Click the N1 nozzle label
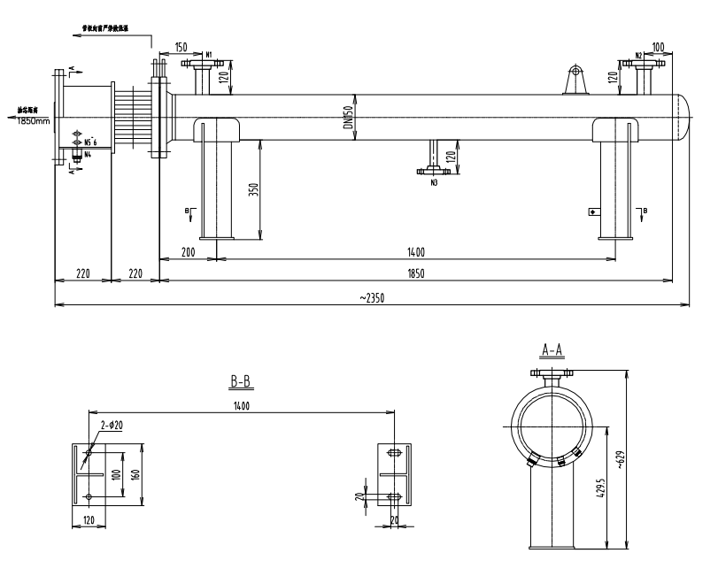tap(209, 55)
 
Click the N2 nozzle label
tap(638, 55)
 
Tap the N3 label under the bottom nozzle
tap(434, 183)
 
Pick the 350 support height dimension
tap(253, 191)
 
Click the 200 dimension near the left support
tap(188, 252)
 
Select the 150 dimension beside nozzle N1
tap(181, 47)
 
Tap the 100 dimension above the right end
tap(658, 47)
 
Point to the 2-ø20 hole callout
tap(111, 426)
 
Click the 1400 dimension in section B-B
tap(242, 406)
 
